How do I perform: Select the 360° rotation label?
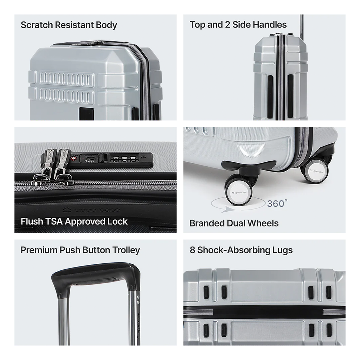277,204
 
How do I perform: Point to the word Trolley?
126,250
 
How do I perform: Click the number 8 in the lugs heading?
192,250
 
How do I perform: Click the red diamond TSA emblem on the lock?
73,159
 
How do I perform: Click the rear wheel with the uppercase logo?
315,171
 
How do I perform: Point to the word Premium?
39,250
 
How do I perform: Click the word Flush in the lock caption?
32,221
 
